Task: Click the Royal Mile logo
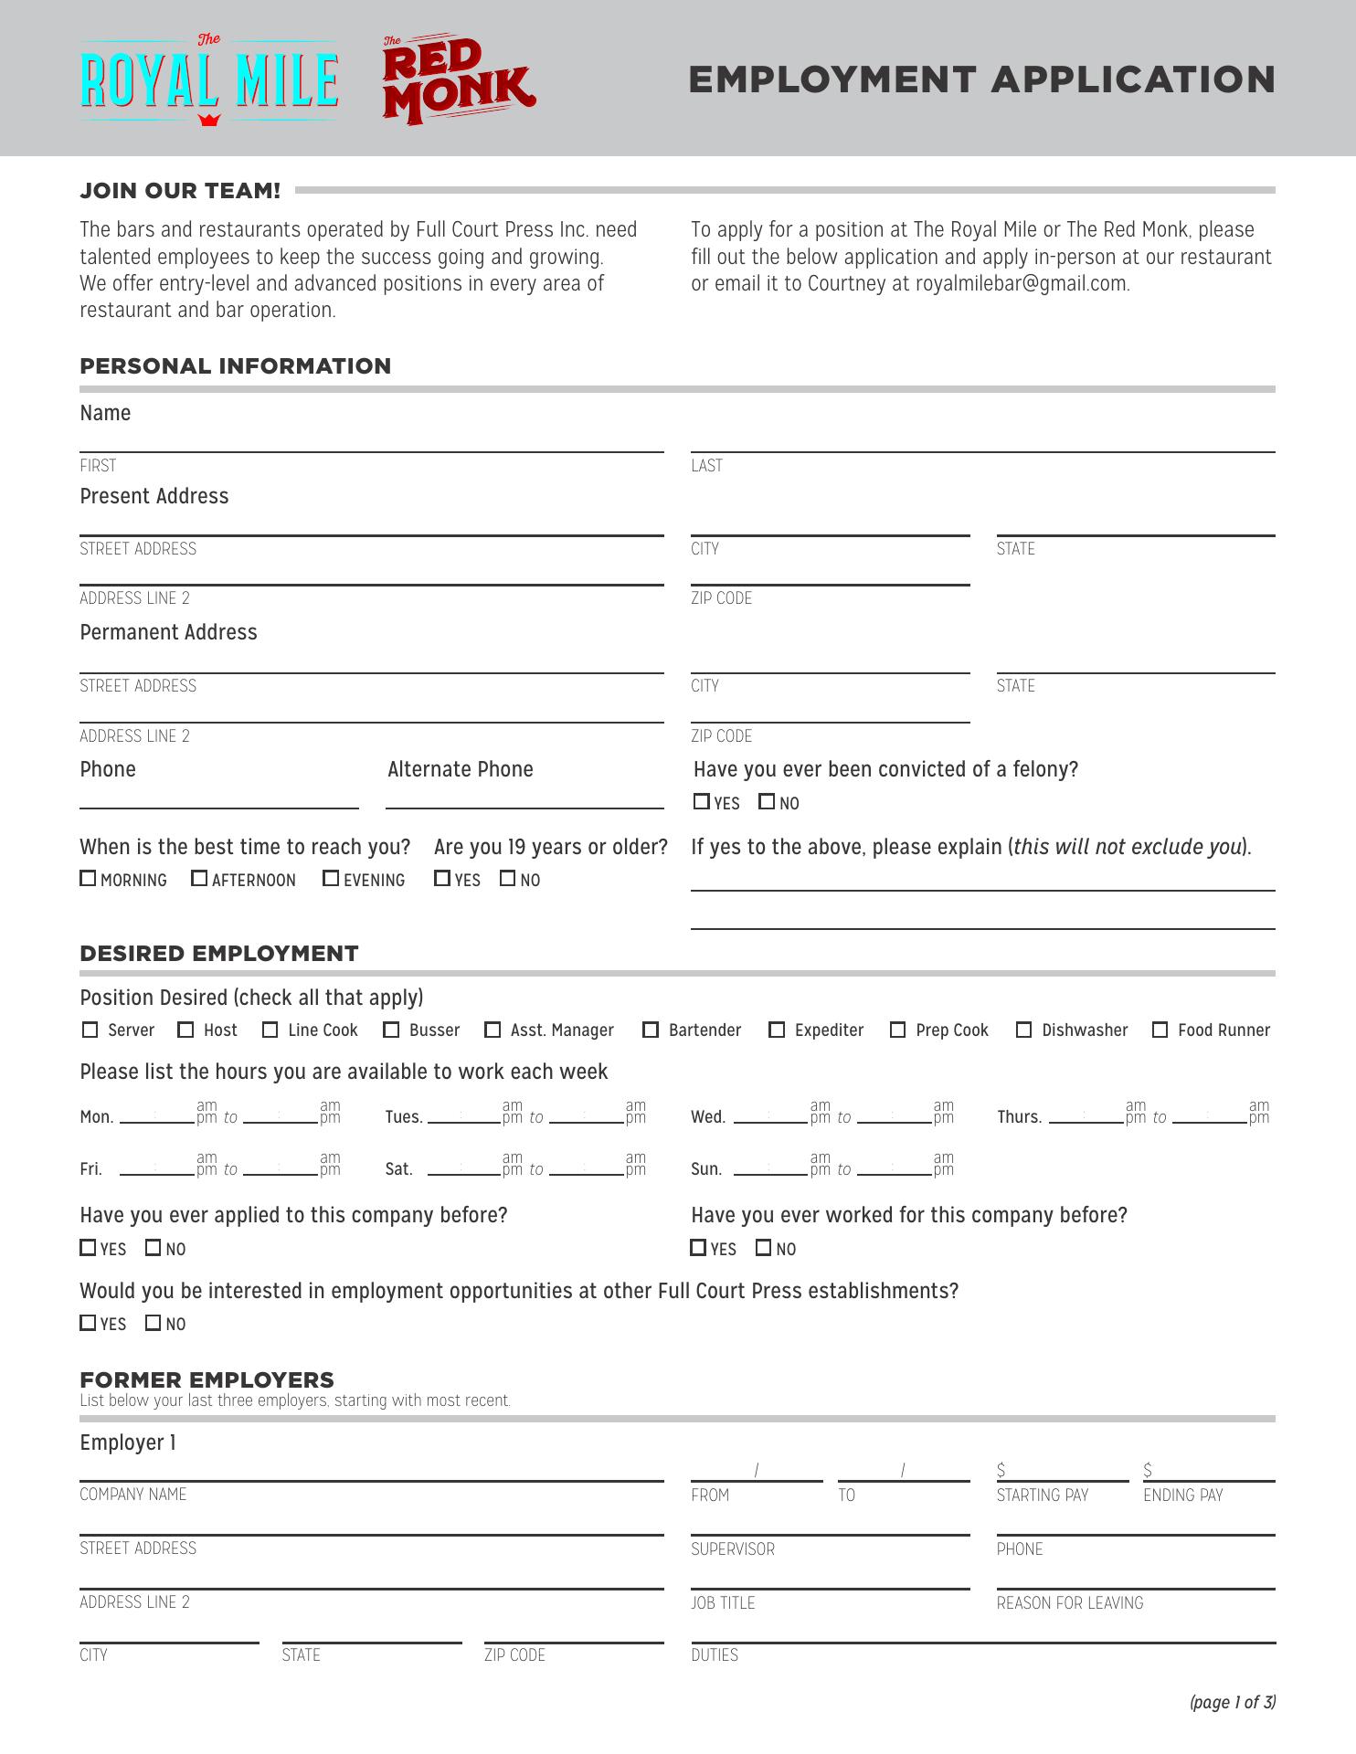coord(209,80)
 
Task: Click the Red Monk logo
coord(458,80)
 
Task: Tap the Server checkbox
coord(90,1030)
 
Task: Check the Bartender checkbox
coord(651,1030)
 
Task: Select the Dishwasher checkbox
coord(1024,1030)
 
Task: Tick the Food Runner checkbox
coord(1160,1030)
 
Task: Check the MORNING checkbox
coord(88,878)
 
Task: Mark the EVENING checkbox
coord(331,878)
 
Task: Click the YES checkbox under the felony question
coord(702,801)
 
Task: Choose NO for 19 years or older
coord(508,878)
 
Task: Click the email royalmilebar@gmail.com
coord(1022,283)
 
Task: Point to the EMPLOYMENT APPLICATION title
coord(981,79)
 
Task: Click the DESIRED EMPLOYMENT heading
coord(219,954)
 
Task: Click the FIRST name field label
coord(98,466)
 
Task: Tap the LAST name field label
coord(706,466)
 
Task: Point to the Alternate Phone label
coord(460,769)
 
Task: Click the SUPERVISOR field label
coord(733,1549)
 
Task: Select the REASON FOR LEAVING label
coord(1070,1603)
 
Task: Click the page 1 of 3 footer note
coord(1233,1702)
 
